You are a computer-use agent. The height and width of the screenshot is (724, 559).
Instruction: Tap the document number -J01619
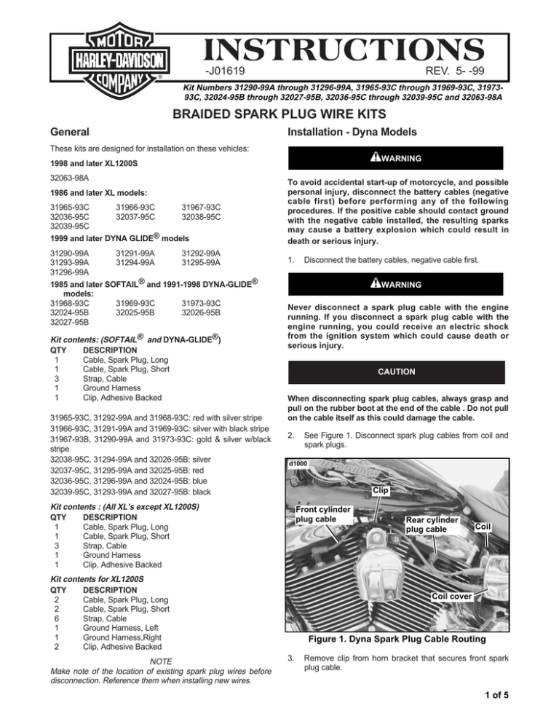click(224, 71)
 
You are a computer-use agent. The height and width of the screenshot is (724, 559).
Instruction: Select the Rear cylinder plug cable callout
click(432, 524)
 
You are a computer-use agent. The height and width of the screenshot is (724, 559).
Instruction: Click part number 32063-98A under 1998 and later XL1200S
click(69, 176)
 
